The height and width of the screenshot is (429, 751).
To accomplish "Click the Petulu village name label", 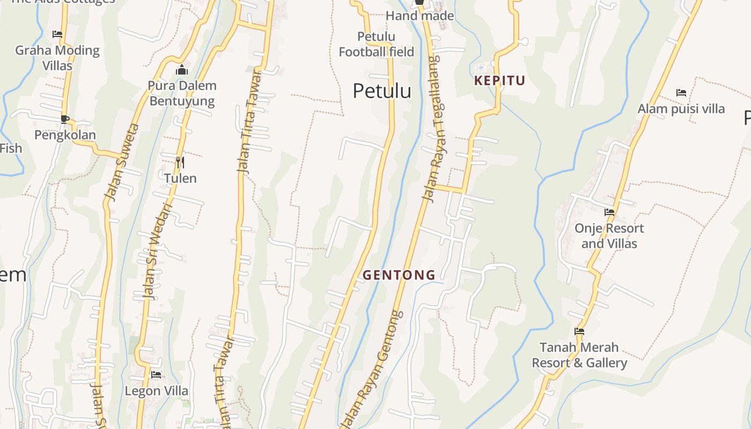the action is [x=382, y=91].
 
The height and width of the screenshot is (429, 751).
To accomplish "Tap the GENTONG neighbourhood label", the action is [x=399, y=275].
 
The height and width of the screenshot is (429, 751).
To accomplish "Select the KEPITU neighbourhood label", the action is [x=499, y=81].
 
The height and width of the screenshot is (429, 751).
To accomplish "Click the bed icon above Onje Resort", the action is [x=609, y=212].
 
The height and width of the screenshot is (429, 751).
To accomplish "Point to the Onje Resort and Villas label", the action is [x=609, y=236].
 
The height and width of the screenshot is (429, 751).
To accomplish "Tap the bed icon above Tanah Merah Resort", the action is [x=579, y=331].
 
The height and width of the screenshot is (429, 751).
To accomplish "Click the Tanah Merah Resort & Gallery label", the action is [x=579, y=355].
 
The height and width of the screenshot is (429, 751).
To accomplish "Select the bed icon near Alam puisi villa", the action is [x=681, y=93].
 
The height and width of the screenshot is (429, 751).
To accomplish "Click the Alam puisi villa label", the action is [x=681, y=109].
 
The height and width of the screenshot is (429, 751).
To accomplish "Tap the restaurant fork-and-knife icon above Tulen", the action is [x=180, y=161].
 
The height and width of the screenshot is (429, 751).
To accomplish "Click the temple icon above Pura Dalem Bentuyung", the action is [x=182, y=70].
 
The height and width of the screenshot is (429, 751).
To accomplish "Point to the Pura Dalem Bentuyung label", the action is [x=182, y=93].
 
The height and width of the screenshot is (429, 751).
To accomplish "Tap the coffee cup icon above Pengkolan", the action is [x=65, y=119].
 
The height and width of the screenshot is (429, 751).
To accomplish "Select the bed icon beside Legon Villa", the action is [x=156, y=375].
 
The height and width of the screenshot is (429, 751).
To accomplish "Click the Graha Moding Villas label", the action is [x=57, y=58].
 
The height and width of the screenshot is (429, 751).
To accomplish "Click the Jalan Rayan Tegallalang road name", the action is [x=433, y=129].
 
